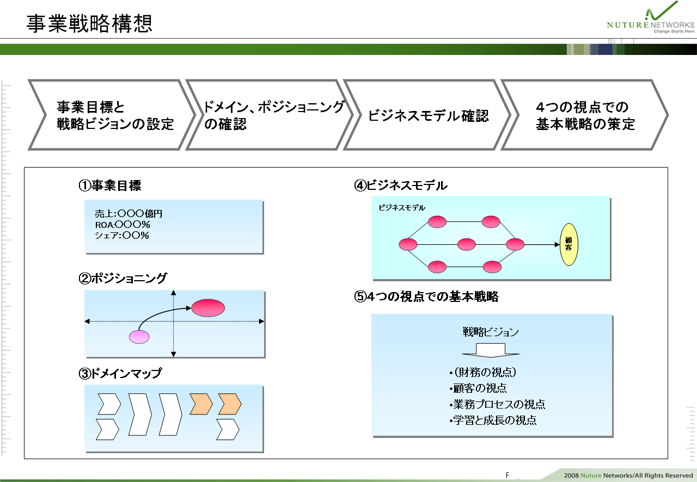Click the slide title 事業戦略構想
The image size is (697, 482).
tap(89, 23)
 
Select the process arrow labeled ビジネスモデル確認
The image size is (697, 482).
tap(428, 115)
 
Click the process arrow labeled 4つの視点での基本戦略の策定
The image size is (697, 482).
tap(585, 115)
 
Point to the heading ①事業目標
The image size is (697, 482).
tap(110, 186)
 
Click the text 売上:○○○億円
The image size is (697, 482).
tap(129, 214)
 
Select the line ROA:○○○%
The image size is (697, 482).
tap(123, 225)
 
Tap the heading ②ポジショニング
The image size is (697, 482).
tap(123, 278)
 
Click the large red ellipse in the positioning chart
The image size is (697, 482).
tap(208, 308)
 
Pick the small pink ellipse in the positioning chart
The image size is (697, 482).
tap(139, 337)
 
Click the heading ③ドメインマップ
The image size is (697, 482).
tap(120, 373)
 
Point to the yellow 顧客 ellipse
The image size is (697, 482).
tap(569, 244)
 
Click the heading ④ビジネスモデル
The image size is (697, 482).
tap(401, 186)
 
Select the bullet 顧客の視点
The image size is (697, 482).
tap(478, 388)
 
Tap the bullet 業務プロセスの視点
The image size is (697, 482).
tap(497, 404)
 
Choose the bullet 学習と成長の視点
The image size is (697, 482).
tap(493, 420)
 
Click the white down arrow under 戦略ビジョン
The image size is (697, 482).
tap(491, 350)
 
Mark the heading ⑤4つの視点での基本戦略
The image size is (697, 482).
tap(426, 296)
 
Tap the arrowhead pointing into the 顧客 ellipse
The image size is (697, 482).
tap(557, 244)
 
